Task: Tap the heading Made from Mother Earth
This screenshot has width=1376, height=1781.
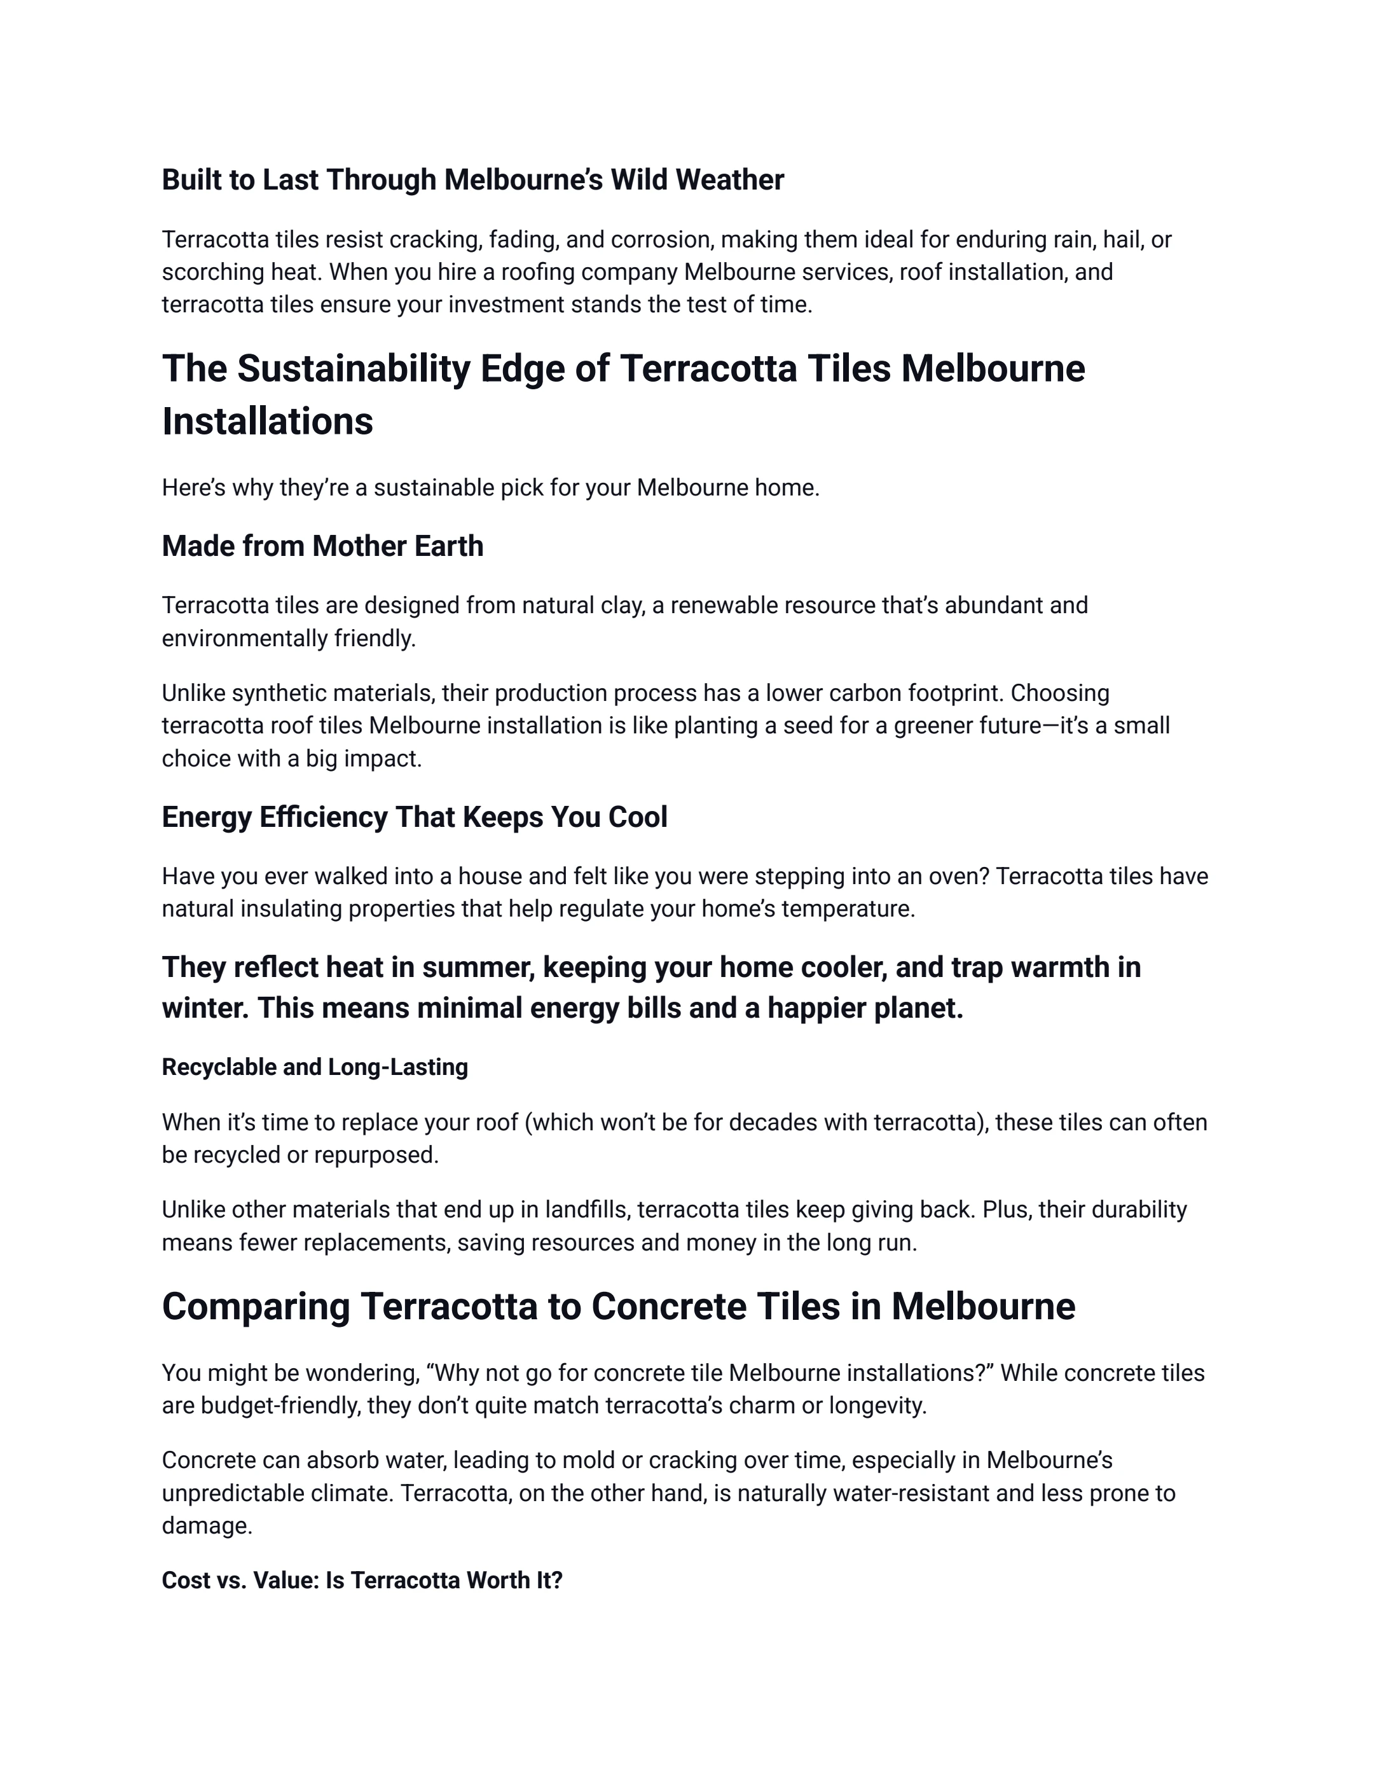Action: (x=322, y=546)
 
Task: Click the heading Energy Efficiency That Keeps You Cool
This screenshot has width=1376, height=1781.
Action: (x=414, y=817)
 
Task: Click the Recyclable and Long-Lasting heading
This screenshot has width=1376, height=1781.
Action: (x=315, y=1067)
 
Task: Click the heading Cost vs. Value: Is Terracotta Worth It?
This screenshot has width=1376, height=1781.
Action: (x=362, y=1581)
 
